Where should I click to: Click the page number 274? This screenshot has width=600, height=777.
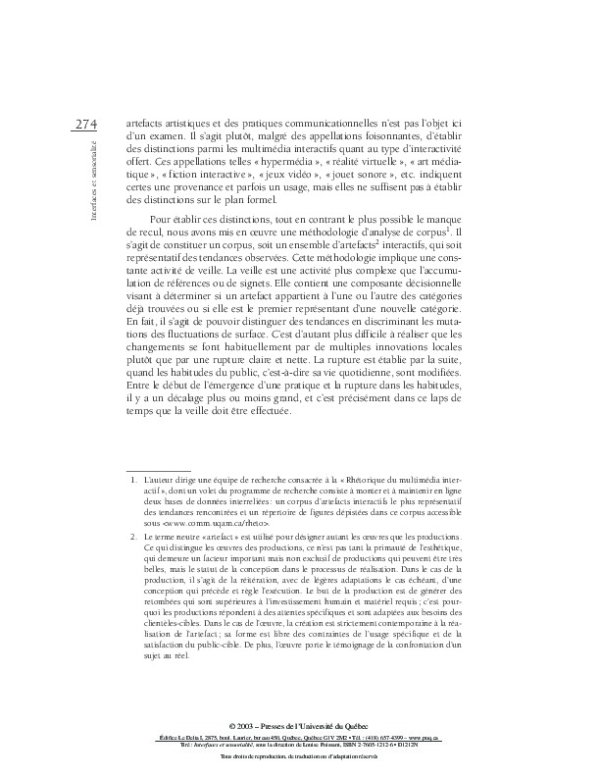(x=85, y=125)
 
